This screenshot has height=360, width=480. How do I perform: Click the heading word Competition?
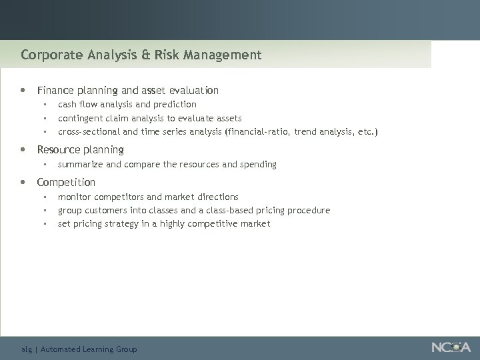66,182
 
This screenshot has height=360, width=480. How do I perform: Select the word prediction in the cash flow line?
175,105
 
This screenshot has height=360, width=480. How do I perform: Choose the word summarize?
80,164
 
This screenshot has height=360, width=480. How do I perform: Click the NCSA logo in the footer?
451,347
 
